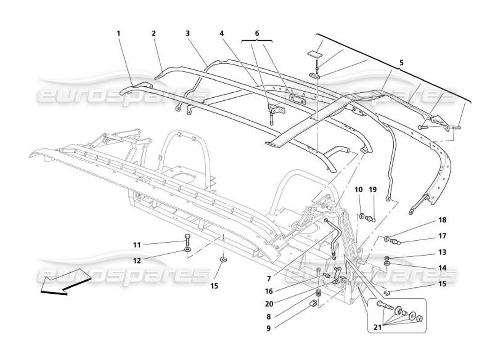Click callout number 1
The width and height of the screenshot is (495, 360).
coord(119,33)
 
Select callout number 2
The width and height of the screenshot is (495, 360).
coord(153,33)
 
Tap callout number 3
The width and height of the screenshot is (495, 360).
coord(187,33)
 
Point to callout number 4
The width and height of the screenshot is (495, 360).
coord(221,33)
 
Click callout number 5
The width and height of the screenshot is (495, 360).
coord(401,63)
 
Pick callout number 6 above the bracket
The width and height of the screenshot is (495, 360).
coord(257,33)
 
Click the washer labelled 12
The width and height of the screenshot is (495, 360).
coord(187,249)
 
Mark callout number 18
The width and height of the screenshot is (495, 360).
coord(442,220)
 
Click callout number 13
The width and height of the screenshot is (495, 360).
coord(442,252)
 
